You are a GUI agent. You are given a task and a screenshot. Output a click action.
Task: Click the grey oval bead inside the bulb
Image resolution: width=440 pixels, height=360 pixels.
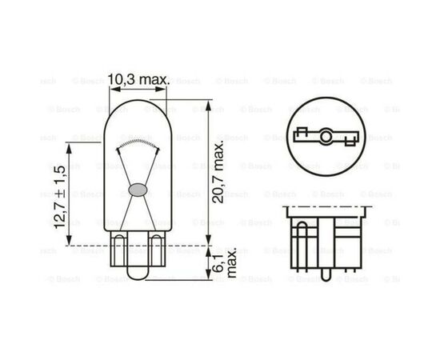point(136,190)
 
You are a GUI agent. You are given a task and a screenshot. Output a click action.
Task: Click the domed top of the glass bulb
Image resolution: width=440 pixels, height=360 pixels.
point(136,109)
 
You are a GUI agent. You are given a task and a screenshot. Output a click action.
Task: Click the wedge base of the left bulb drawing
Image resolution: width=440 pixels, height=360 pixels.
point(136,256)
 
